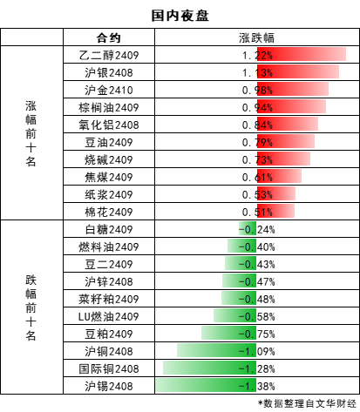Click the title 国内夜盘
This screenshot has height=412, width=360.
(x=180, y=16)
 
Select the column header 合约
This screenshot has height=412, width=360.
(x=109, y=37)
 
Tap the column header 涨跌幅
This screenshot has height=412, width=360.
(x=256, y=37)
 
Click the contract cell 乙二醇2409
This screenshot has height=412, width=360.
(x=109, y=55)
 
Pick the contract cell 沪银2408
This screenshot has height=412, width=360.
(x=109, y=72)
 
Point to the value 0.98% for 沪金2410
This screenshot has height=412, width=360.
(x=257, y=90)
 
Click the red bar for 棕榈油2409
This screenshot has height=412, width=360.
(x=291, y=107)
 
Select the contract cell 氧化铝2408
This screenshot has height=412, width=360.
(x=109, y=125)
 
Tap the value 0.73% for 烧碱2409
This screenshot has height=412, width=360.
(x=257, y=159)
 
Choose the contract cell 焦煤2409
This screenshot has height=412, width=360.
(x=109, y=177)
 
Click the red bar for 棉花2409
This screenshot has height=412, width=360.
(x=275, y=211)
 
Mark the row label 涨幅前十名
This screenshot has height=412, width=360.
(x=31, y=133)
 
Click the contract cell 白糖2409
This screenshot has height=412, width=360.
(x=109, y=229)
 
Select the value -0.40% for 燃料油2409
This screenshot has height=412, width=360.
(x=256, y=247)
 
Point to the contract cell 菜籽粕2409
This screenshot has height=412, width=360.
(x=109, y=299)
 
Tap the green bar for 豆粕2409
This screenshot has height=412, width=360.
(x=228, y=333)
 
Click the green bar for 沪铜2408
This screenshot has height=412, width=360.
(x=216, y=350)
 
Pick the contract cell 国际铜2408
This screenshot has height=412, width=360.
(x=109, y=368)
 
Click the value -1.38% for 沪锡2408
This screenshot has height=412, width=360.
(x=256, y=387)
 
